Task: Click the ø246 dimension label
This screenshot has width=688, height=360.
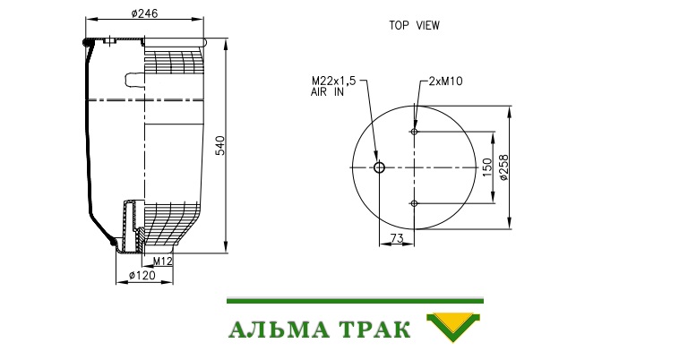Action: click(144, 13)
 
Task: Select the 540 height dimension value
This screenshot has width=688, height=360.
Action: click(220, 146)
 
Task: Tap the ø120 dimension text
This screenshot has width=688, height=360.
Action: click(142, 275)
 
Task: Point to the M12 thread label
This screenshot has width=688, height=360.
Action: click(162, 261)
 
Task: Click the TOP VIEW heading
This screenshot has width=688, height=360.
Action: click(414, 25)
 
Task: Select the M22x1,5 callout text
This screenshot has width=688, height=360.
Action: click(333, 81)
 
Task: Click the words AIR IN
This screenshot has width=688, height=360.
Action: click(327, 92)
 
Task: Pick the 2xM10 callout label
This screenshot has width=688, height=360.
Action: click(445, 81)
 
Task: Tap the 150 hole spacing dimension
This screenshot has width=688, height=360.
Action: click(487, 167)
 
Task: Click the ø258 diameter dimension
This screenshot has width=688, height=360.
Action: click(503, 167)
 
